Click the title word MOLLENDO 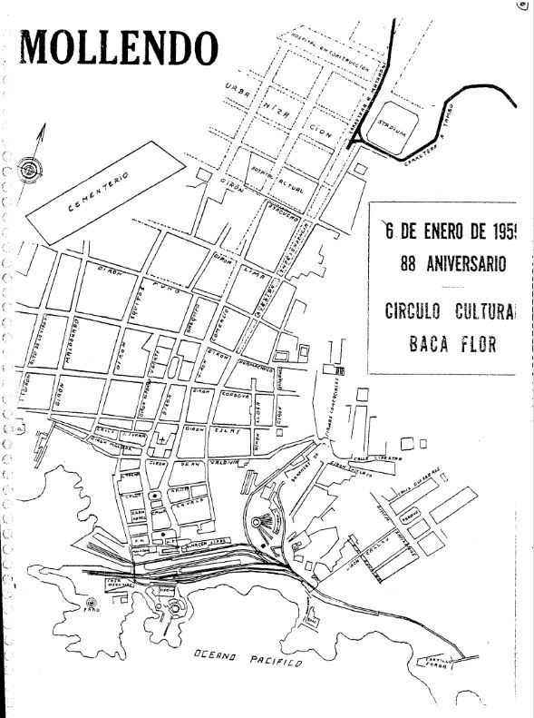click(119, 46)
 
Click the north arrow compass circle click(31, 169)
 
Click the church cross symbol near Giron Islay click(160, 438)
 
